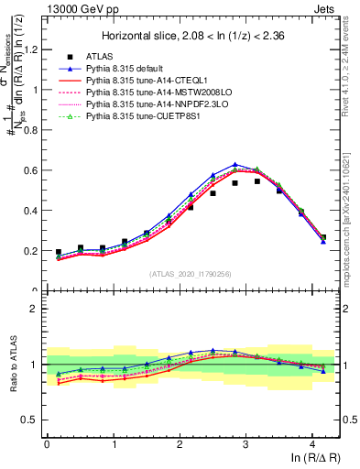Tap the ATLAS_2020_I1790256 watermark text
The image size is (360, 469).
point(189,274)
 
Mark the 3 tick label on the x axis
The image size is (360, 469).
point(245,445)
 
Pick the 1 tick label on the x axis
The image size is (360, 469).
point(113,445)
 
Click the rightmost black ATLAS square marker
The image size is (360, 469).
point(322,237)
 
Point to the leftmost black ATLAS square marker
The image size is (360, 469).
point(59,252)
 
